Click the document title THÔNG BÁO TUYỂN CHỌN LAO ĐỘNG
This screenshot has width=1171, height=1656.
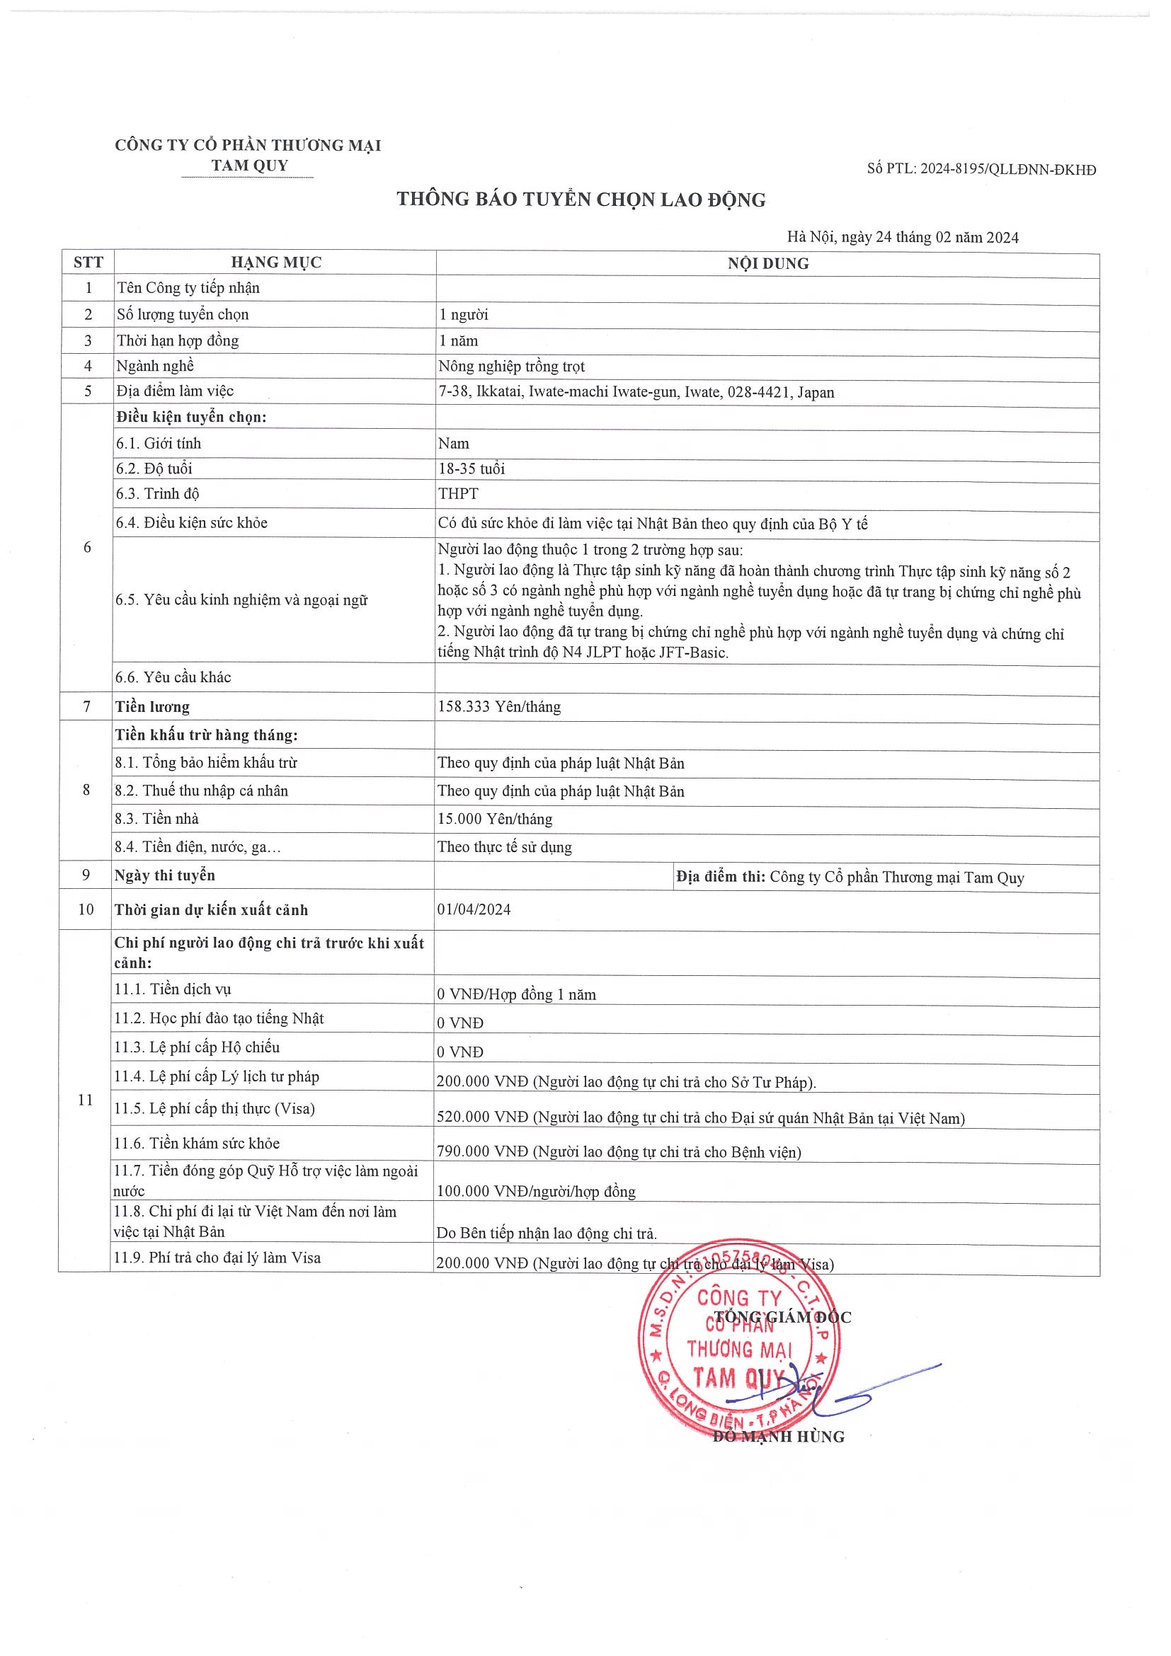click(x=581, y=200)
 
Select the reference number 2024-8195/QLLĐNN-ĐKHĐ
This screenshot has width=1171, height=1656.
click(x=1008, y=171)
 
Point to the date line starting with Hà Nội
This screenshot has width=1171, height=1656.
click(x=903, y=237)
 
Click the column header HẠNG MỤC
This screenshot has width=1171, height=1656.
click(x=275, y=263)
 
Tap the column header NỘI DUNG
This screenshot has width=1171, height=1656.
click(x=767, y=264)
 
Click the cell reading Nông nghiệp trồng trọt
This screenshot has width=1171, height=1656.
click(x=511, y=367)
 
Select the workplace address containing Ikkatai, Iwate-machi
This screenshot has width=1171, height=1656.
click(x=636, y=392)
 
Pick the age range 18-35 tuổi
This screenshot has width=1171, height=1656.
click(x=471, y=468)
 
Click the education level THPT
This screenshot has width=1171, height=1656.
click(x=457, y=494)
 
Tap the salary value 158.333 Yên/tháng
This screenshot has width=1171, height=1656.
click(x=498, y=707)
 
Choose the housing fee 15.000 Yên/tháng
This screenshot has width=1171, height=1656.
click(x=494, y=820)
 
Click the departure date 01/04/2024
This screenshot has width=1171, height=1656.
click(x=474, y=909)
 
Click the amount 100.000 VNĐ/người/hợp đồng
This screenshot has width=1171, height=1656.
click(x=535, y=1191)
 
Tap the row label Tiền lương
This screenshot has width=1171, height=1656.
click(x=152, y=707)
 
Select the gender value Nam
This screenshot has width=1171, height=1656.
click(x=453, y=444)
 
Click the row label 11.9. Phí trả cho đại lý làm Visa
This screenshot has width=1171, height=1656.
click(x=217, y=1257)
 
